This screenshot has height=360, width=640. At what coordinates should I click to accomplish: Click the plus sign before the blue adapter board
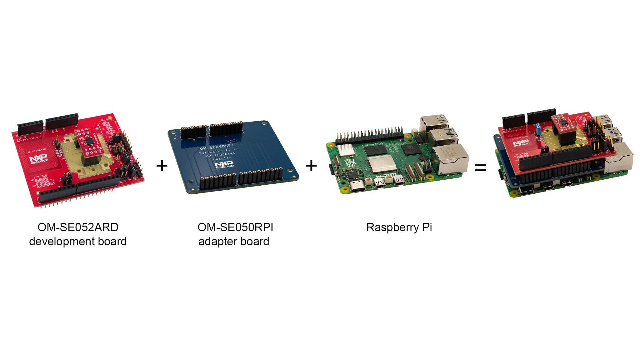click(x=162, y=166)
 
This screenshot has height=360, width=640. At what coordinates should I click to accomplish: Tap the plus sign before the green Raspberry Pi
click(x=311, y=166)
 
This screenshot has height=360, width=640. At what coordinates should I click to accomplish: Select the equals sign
click(x=481, y=168)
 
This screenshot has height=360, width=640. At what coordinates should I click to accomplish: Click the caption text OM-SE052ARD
click(x=78, y=227)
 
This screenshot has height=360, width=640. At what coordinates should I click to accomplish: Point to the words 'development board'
click(x=78, y=242)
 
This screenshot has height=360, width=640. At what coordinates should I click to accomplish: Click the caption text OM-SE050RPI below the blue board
click(x=235, y=227)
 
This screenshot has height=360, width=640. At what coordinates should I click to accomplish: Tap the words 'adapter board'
click(x=234, y=242)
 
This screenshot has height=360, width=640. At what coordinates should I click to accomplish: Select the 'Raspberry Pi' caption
click(x=399, y=227)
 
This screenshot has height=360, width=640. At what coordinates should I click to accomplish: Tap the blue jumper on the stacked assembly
click(x=538, y=128)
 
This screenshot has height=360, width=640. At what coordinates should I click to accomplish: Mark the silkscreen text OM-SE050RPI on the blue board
click(x=217, y=146)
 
